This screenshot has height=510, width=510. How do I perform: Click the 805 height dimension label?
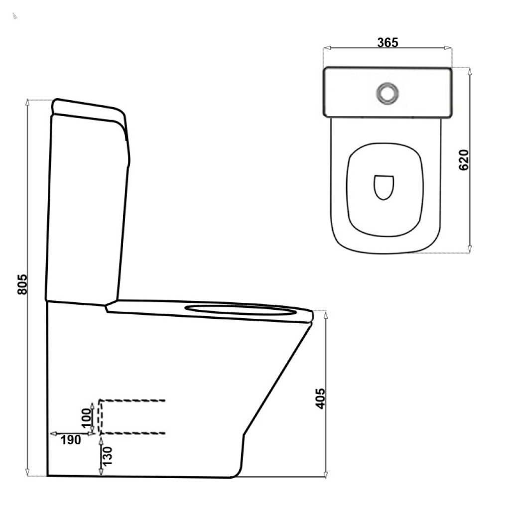coord(22,284)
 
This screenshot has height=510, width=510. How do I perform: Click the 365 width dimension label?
coord(387,43)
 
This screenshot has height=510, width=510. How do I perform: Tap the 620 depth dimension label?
coord(464,160)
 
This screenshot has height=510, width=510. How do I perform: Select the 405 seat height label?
coord(320,398)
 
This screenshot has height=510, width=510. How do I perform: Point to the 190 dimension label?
coord(71,440)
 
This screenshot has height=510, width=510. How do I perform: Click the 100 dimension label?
coord(86,418)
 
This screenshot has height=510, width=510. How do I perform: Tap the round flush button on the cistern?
coord(387,93)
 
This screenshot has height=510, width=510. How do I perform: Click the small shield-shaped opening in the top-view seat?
coord(384,188)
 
